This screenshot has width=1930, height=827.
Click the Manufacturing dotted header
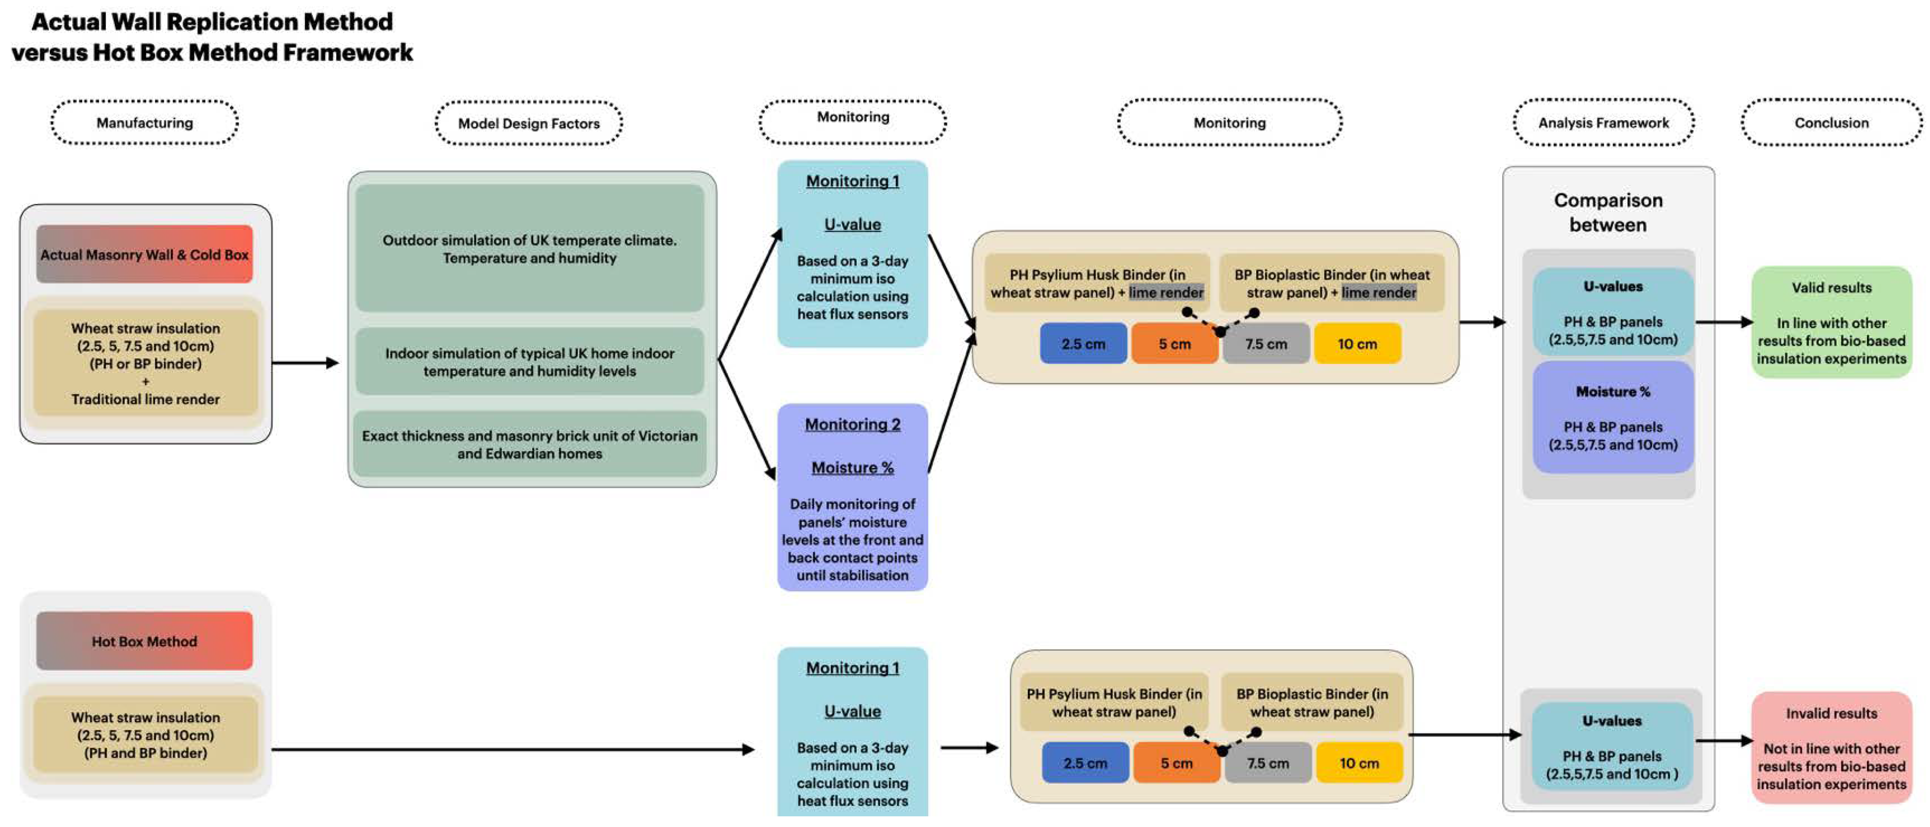144,123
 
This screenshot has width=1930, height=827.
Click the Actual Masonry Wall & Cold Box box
144,255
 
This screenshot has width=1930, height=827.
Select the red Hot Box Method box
144,641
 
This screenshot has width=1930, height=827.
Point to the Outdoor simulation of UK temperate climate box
530,249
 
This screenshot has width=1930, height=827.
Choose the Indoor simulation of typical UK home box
530,362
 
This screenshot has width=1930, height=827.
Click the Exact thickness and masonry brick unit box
530,444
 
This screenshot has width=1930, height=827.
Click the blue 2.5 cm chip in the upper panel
1083,344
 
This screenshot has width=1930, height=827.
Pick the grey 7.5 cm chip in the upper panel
1265,344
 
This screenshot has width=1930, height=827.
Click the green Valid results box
1831,323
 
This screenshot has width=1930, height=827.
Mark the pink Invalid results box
1831,748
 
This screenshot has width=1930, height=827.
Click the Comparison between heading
1608,213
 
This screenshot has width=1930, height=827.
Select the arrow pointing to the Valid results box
1723,322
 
